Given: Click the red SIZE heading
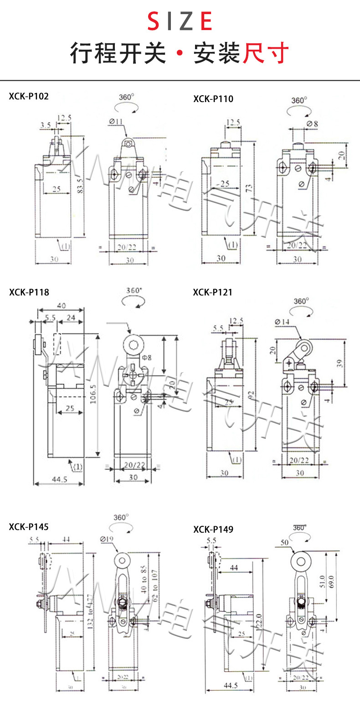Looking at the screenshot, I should tap(180, 21).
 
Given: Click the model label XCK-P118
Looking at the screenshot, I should tap(29, 292).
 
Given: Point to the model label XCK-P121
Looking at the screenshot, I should tap(212, 292).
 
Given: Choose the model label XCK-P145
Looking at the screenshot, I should tap(28, 527).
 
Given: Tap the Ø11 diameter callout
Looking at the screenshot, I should tap(117, 121).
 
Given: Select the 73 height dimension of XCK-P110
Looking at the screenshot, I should tap(249, 188).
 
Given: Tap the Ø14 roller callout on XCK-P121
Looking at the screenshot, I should tap(283, 322).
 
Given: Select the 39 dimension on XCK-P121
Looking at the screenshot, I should tap(351, 363).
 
